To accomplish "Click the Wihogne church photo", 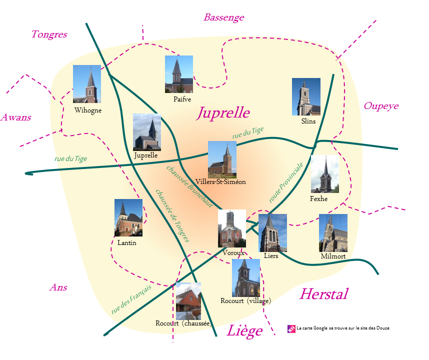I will click(87, 84).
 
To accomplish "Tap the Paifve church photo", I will click(179, 74).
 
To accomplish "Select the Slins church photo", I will click(306, 96).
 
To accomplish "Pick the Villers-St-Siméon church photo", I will click(222, 159).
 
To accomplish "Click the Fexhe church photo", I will click(324, 174).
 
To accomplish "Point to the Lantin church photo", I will click(128, 217).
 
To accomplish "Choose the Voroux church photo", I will click(231, 228).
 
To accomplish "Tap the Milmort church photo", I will click(333, 233).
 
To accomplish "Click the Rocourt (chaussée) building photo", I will click(188, 301).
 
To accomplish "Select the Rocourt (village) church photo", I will click(246, 277).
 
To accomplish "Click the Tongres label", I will click(49, 34).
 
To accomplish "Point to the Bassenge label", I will click(223, 17).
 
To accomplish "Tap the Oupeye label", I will click(381, 106).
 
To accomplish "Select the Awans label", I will click(16, 118).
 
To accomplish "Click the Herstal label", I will click(323, 294).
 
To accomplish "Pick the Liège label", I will click(244, 331).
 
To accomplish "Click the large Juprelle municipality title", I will click(223, 112).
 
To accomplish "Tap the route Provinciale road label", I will click(286, 182).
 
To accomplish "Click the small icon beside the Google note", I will click(291, 328).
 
